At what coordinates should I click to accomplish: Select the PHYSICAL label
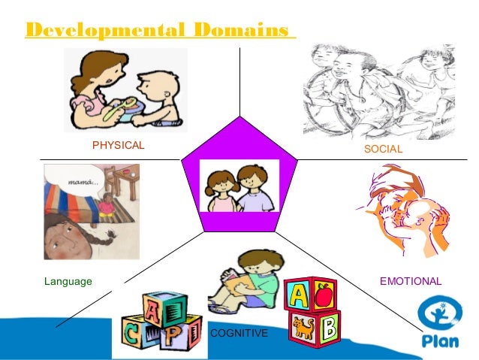click(x=118, y=144)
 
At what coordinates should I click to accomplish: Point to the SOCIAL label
click(x=383, y=150)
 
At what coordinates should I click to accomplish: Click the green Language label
click(x=68, y=281)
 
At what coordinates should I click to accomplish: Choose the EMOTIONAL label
click(x=411, y=281)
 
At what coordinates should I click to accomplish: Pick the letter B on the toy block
click(x=329, y=328)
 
